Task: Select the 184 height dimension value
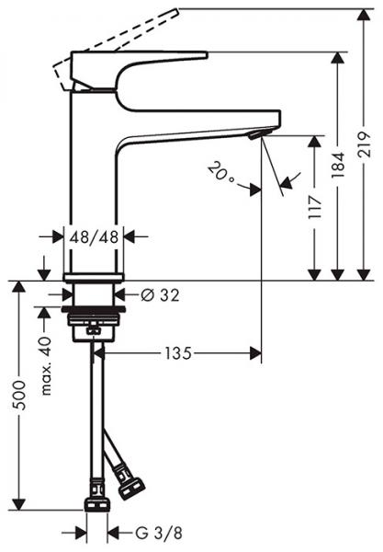[340, 189]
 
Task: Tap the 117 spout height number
[316, 204]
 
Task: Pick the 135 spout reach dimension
[179, 351]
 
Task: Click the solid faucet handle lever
[138, 69]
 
